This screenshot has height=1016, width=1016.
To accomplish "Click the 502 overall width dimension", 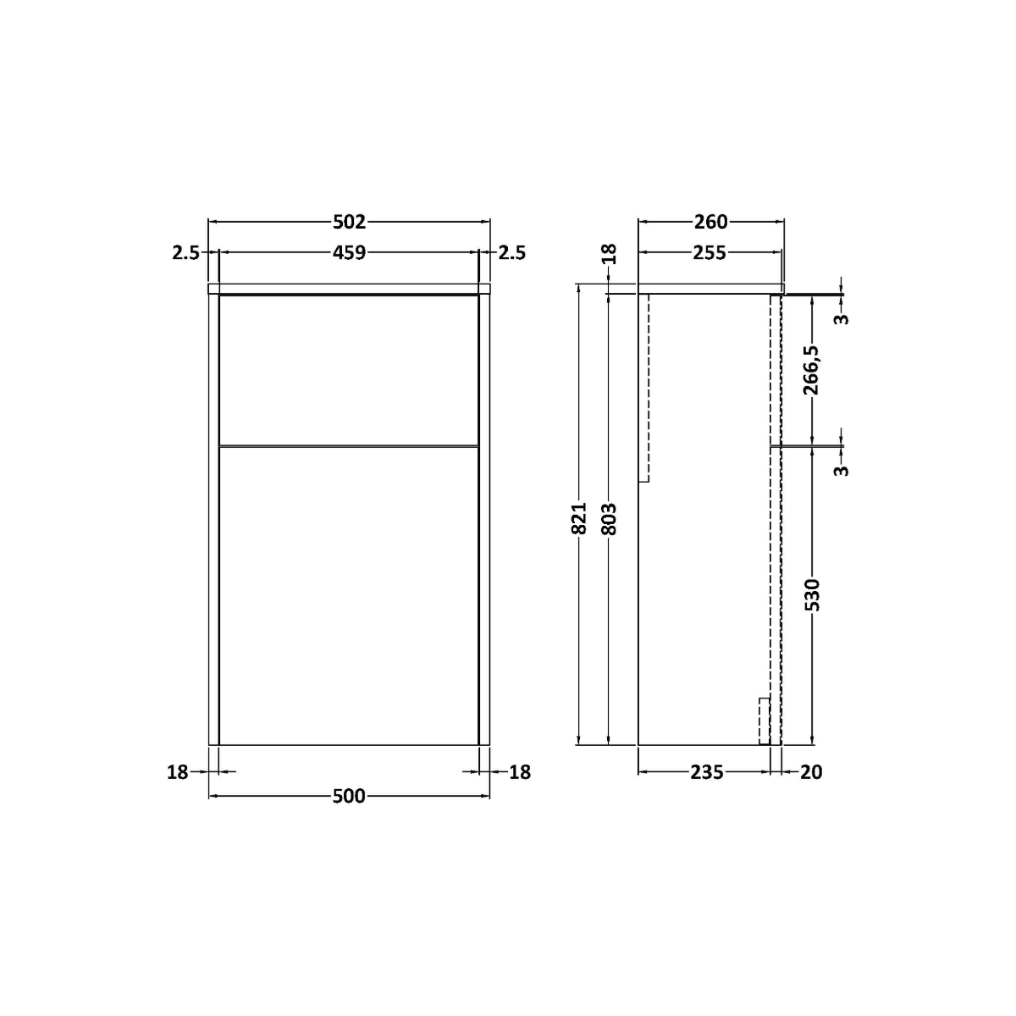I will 349,222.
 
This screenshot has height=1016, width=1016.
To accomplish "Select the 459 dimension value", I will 349,252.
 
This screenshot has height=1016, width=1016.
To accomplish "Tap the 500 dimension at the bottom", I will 349,797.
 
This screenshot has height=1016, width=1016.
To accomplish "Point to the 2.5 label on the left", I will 185,252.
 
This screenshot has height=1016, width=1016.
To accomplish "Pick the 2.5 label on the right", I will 512,252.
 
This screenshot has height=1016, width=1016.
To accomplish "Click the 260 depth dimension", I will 710,222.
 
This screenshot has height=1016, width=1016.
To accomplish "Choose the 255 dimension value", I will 710,252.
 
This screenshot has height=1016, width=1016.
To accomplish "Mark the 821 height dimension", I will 580,518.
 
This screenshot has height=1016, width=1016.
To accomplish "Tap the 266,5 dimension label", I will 812,370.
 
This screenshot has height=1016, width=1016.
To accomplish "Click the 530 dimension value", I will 812,594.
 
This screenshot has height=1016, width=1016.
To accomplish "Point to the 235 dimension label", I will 706,772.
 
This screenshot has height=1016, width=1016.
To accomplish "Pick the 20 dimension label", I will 810,772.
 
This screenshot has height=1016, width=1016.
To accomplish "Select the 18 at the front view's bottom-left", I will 177,772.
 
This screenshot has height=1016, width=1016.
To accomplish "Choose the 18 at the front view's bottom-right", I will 520,772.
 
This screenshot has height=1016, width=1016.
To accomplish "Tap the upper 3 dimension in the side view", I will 841,317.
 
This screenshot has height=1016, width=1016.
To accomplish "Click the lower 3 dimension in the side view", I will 841,468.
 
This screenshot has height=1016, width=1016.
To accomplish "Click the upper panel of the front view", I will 349,369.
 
